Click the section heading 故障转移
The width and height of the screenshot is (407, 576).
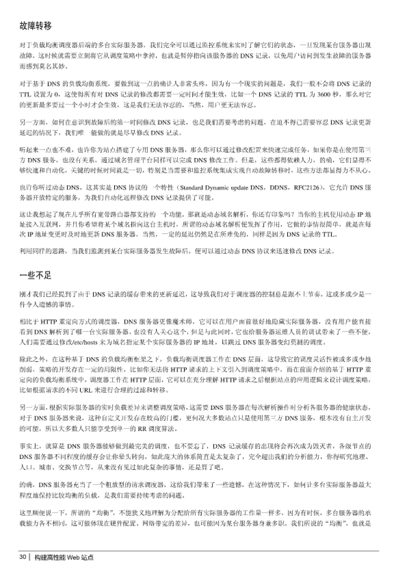35,26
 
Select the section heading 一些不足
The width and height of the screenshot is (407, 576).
35,275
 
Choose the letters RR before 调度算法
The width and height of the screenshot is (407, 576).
142,429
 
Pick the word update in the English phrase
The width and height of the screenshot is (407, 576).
239,188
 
